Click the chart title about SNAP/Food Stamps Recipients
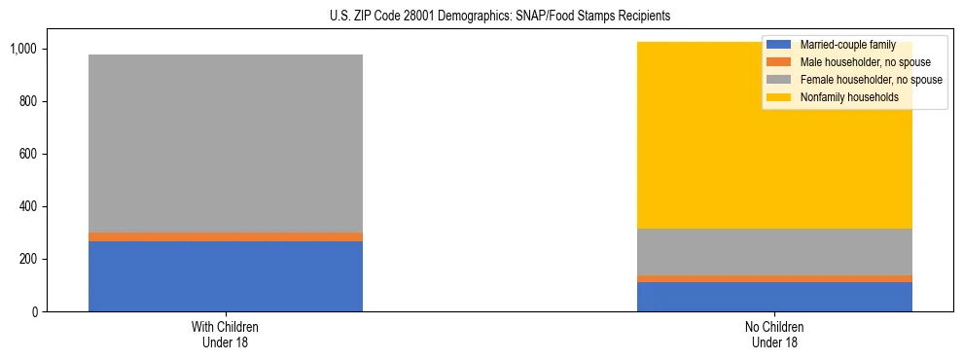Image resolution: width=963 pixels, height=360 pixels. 481,17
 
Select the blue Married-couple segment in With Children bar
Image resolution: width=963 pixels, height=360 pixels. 225,276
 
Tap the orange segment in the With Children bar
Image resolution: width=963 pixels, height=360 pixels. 225,236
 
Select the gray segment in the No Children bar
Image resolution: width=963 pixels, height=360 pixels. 774,252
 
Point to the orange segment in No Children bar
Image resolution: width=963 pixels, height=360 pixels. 774,279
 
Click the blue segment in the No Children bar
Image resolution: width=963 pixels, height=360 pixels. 774,297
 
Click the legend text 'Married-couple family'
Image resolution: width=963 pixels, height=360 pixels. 845,45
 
